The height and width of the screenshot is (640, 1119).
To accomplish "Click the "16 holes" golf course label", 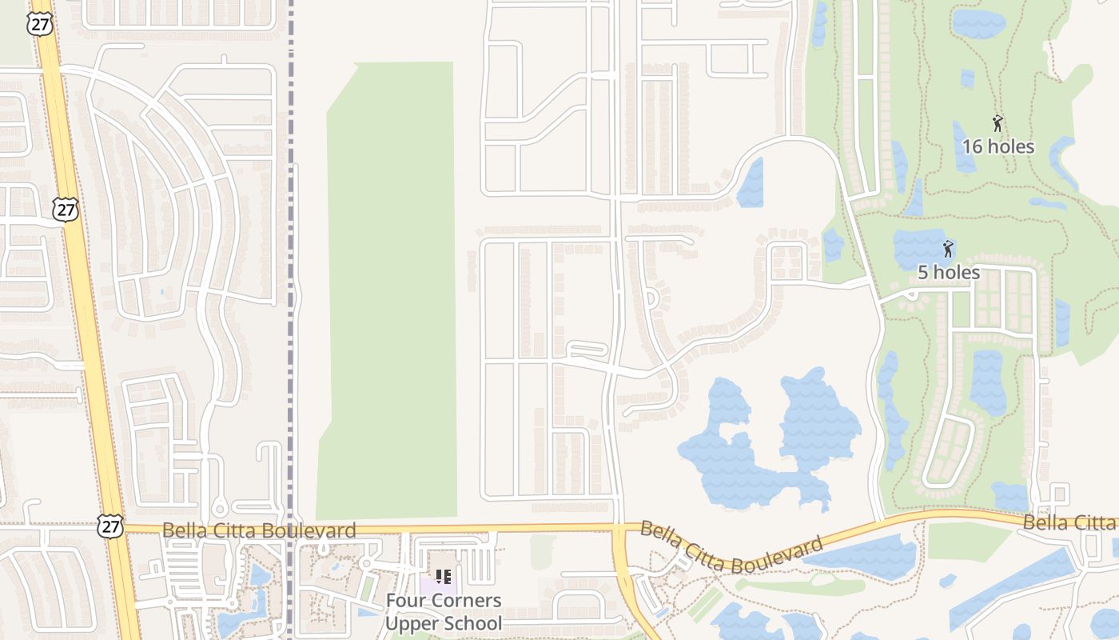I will [998, 146].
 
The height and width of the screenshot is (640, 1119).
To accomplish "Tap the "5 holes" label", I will [948, 272].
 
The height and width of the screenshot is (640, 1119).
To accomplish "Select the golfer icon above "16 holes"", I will [998, 123].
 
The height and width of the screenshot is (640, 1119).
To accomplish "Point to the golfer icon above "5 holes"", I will [948, 249].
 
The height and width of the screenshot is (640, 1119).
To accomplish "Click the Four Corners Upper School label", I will [444, 612].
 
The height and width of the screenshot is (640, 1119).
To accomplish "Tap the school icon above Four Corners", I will [444, 577].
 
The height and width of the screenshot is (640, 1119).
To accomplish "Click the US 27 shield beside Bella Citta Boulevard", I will [110, 526].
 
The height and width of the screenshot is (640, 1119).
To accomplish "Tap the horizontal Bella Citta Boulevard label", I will [259, 530].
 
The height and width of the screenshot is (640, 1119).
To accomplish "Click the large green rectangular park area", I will [390, 288].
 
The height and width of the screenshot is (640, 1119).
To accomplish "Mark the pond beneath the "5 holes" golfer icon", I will [919, 244].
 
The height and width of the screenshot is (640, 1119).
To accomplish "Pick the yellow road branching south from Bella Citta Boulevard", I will [631, 584].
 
